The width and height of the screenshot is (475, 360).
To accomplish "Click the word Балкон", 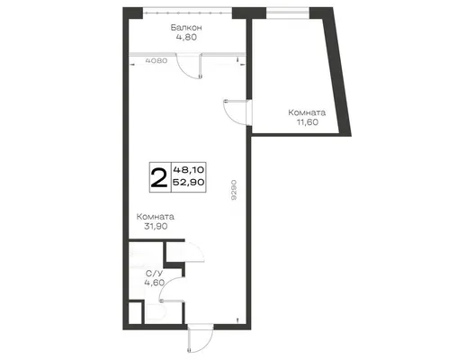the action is point(186,28).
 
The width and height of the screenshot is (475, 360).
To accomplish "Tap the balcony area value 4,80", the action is point(186,37).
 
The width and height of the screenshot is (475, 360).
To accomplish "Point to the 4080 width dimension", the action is point(157,60).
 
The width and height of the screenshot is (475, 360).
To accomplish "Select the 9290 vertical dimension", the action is point(234,190).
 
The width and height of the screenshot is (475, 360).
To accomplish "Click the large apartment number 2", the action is point(159,178).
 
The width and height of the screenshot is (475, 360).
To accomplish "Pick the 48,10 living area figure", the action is point(189,170).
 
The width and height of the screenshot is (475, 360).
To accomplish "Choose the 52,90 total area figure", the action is point(189,182).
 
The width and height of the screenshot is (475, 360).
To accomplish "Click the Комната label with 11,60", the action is point(307,112).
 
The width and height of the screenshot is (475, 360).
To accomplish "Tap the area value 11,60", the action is point(308,122).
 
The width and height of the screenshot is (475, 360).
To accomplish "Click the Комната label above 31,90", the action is point(155,217).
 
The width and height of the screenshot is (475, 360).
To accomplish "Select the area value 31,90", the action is point(156,227).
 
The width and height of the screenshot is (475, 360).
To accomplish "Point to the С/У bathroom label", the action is point(154,274).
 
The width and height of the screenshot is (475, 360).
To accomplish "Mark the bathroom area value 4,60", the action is point(155,283).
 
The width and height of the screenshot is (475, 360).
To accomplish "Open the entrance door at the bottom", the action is point(201,338).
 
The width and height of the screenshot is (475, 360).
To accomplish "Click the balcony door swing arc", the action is point(184,72).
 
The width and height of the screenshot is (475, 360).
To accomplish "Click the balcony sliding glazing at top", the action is point(187,13).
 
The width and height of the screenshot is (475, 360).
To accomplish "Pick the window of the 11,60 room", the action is point(288,13).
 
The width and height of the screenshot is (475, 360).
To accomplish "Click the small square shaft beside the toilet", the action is point(135,312).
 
